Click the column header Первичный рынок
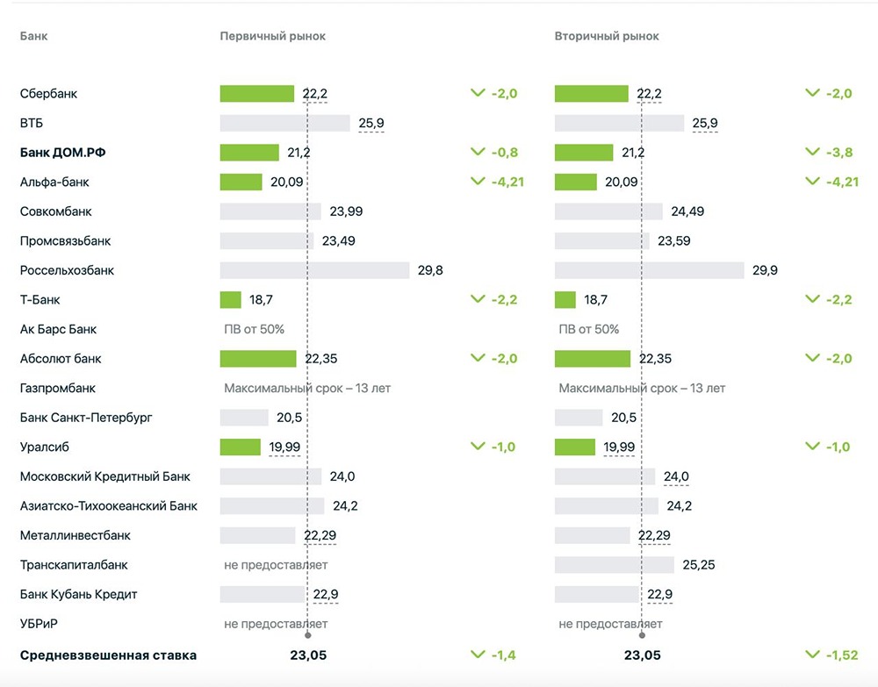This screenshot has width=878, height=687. point(272,37)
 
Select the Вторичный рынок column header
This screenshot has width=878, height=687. point(607,37)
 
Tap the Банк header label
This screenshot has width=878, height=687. point(33,37)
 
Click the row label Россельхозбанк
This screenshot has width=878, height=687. point(67,270)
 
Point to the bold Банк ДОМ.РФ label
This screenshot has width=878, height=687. point(68,153)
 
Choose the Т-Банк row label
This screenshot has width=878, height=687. point(40,300)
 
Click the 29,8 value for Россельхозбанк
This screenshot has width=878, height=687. point(430,270)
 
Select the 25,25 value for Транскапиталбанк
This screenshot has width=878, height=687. point(698,565)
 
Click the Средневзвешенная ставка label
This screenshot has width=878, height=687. point(108,655)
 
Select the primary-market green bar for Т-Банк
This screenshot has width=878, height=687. point(230,300)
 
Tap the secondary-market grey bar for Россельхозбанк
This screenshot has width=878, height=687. point(649,270)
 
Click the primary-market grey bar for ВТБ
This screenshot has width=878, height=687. point(284,123)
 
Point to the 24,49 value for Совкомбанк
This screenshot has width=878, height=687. point(687,211)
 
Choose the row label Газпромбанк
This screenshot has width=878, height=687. point(58,388)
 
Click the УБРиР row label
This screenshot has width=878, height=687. point(39,624)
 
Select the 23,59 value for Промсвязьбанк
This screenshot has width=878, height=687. point(674,241)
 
